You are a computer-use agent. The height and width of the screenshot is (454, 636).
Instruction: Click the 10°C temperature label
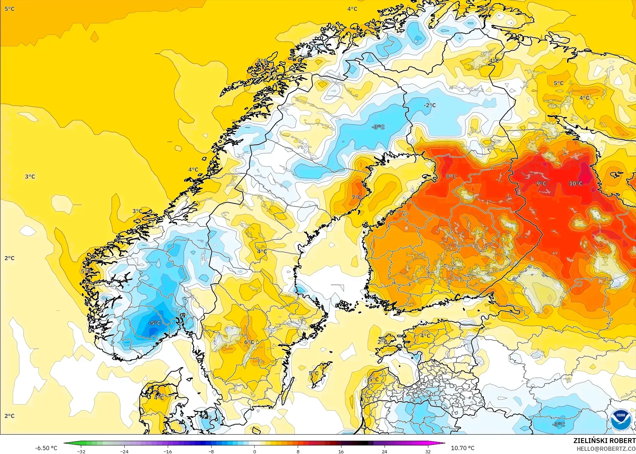coord(576,183)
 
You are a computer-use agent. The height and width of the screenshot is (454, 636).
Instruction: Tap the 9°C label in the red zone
coord(541,183)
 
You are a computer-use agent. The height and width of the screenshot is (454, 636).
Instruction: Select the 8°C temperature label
coord(451,176)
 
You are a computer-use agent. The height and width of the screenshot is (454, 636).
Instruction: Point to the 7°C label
coord(357,197)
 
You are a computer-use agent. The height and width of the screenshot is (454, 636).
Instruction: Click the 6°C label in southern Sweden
coord(249,342)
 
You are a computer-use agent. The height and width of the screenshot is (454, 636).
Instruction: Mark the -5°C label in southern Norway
coord(154,323)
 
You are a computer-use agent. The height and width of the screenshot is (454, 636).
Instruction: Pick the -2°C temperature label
coord(430,105)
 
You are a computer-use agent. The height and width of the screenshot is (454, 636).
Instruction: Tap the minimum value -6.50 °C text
coord(46,448)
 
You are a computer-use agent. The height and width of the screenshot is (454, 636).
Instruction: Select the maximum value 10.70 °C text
coord(463,448)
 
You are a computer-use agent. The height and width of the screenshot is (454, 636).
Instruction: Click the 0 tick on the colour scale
coord(255,451)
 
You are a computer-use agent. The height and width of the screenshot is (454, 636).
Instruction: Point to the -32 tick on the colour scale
coord(81,451)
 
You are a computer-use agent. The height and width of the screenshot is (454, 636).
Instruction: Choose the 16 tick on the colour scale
coord(341,451)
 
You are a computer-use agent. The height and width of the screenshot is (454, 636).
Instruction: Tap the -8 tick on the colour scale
coord(211,451)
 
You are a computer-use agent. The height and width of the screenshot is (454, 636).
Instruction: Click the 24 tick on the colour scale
coord(384,451)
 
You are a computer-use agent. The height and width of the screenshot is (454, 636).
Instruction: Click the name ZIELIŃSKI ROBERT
coord(604,441)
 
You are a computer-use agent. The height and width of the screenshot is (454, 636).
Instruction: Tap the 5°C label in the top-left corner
coord(10,9)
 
